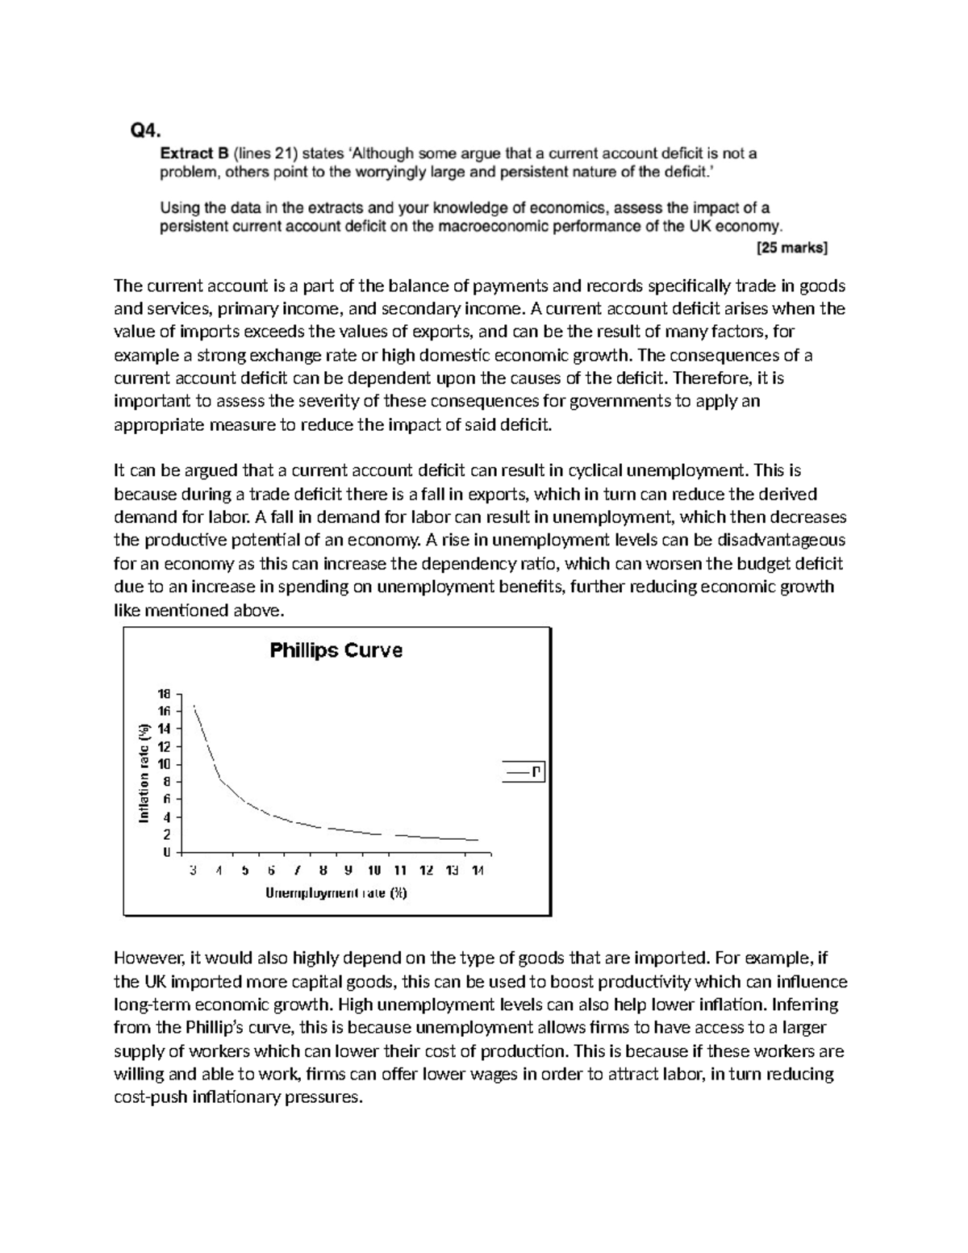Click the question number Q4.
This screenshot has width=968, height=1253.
pos(146,129)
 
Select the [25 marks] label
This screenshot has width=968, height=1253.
pos(791,249)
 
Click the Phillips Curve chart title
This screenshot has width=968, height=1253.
pos(336,650)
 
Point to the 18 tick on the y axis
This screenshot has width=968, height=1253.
pos(164,694)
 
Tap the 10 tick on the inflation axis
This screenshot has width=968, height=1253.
pos(164,764)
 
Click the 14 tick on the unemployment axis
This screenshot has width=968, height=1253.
pos(478,871)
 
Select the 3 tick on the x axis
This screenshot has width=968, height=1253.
pos(193,871)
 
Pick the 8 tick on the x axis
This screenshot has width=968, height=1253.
pos(323,871)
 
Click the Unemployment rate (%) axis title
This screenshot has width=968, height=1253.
pos(336,893)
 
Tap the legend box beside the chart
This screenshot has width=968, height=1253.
pos(523,773)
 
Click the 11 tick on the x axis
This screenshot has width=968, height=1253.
pos(400,871)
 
